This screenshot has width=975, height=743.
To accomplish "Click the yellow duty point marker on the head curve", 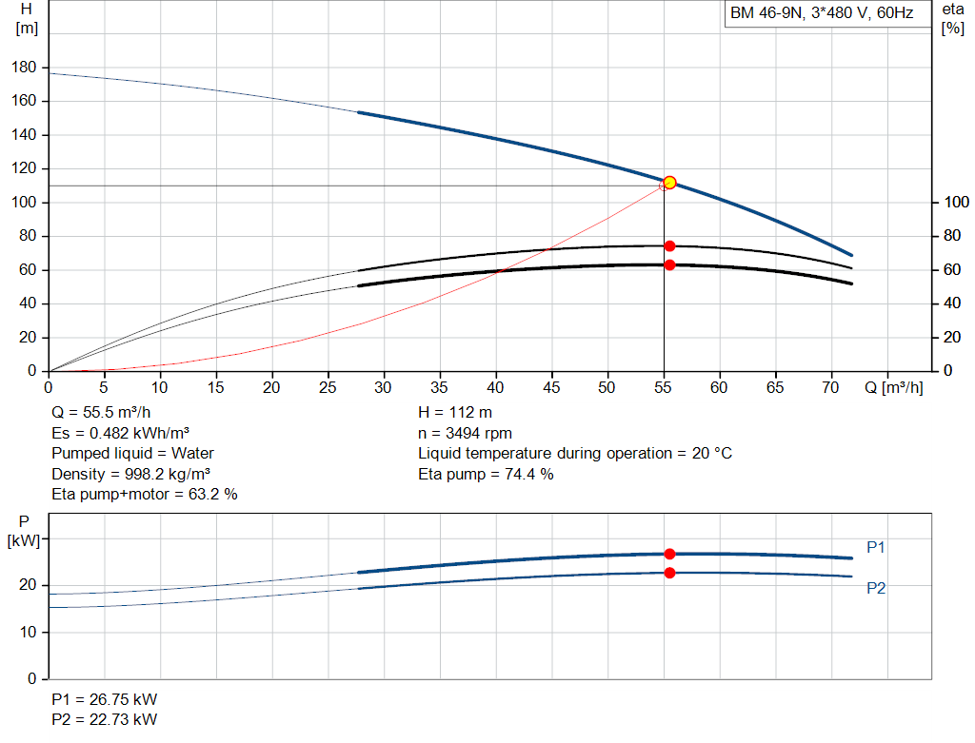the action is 669,183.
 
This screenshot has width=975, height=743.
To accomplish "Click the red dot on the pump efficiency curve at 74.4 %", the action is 669,246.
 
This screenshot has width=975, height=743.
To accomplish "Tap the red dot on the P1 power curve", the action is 669,554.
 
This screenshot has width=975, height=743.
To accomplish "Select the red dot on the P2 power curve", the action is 669,573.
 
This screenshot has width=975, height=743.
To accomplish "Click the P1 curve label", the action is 876,547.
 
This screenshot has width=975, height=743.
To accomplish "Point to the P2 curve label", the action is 876,588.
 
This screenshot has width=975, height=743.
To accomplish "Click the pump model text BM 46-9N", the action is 766,13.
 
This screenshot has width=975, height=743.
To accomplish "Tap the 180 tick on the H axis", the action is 24,68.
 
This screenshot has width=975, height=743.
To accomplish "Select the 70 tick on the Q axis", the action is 830,387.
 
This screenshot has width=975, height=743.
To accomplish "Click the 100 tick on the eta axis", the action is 956,202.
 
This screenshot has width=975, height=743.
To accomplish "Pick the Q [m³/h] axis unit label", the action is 893,387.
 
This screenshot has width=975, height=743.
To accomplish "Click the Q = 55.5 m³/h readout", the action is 101,413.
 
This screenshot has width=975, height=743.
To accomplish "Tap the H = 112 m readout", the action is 455,413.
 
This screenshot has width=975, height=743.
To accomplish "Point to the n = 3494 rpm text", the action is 465,433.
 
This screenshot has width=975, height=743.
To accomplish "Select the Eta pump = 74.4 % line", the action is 486,474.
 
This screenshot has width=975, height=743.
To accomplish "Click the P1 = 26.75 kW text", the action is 105,699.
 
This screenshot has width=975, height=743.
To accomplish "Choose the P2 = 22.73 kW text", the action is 105,719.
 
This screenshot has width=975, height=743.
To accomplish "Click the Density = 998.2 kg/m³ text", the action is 131,474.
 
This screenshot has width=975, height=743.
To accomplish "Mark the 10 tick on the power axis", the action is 28,633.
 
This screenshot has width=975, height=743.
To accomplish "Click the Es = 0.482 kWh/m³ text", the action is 121,433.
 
